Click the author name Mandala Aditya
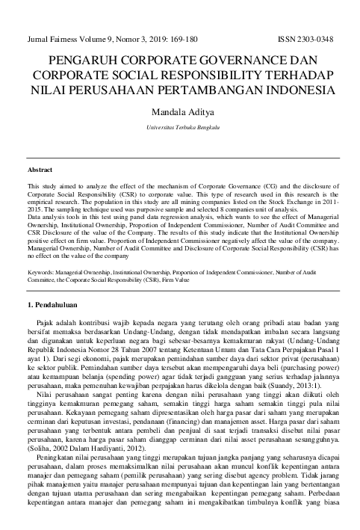pos(179,111)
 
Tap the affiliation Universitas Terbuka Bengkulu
pos(179,128)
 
